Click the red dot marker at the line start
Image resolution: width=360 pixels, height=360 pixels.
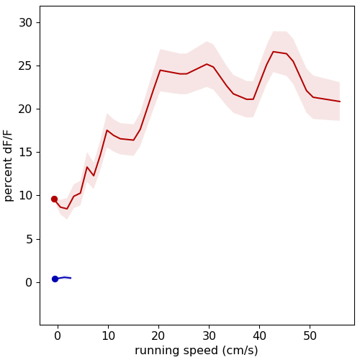coord(54,199)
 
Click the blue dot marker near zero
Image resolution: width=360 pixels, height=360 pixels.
coord(55,279)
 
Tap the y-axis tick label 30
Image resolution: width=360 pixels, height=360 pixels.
coord(25,23)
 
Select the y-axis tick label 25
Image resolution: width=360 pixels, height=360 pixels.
coord(25,66)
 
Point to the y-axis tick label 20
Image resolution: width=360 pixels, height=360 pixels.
coord(25,109)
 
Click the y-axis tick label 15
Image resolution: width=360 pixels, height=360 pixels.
coord(25,153)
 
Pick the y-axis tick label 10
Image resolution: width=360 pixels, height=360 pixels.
coord(25,196)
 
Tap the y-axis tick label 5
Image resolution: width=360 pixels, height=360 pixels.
coord(29,239)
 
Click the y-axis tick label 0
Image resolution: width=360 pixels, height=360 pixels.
coord(29,282)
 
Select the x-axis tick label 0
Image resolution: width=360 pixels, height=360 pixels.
coord(58,336)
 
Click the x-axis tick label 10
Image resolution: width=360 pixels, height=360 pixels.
coord(108,336)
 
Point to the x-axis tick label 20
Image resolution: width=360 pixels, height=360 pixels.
coord(158,336)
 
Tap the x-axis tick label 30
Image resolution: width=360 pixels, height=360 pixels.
coord(209,336)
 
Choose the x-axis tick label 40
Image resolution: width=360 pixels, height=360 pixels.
coord(259,336)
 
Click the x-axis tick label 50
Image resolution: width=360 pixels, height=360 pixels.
coord(310,336)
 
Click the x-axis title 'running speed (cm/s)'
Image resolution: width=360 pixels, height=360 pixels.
coord(197,351)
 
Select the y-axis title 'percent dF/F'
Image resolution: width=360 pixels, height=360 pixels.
coord(8,166)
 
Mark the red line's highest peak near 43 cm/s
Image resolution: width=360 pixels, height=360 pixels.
coord(274,52)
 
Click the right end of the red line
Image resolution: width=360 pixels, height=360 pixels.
coord(340,102)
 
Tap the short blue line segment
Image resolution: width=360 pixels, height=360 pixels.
coord(64,278)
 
